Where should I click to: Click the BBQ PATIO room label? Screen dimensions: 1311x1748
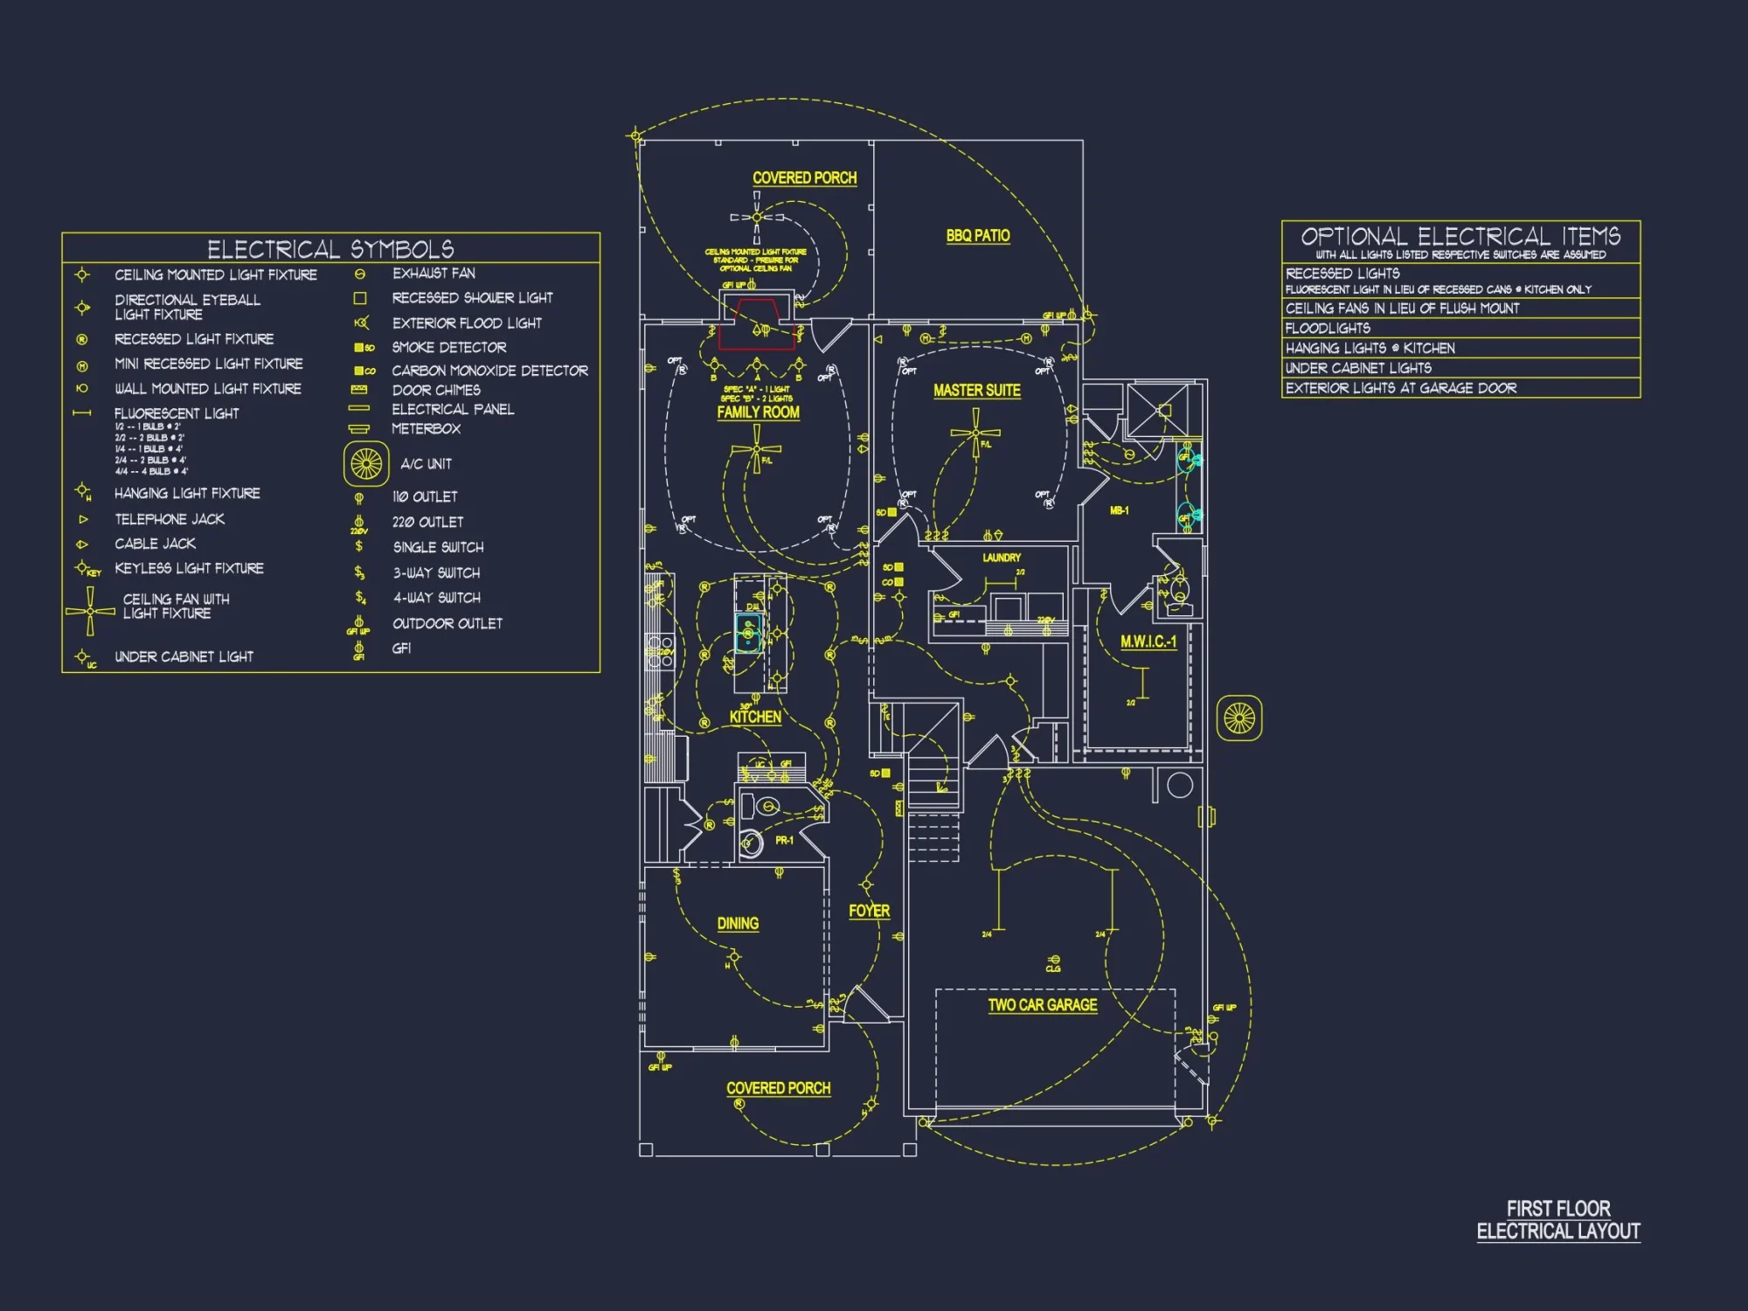(978, 236)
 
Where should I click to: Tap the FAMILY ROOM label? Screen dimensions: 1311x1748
(758, 413)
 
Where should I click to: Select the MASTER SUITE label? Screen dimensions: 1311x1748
(976, 391)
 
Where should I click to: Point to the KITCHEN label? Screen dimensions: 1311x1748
(755, 718)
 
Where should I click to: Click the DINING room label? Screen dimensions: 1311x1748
(738, 924)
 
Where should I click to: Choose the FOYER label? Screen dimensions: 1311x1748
(869, 912)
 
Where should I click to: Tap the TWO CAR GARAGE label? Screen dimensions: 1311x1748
(1042, 1005)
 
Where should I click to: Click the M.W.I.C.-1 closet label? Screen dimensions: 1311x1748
(1148, 642)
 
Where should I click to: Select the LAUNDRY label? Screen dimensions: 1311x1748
(1001, 558)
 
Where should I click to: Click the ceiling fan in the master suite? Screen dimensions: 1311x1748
(975, 434)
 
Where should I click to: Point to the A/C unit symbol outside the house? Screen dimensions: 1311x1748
(1239, 718)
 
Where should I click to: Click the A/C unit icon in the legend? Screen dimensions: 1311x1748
(366, 463)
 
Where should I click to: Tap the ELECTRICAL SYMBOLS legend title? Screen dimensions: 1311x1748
(330, 249)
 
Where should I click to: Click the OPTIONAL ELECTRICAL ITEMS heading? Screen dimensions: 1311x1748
(1460, 236)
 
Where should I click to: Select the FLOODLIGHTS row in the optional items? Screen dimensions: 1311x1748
(1328, 329)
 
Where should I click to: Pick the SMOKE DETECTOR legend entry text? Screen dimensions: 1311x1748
(449, 348)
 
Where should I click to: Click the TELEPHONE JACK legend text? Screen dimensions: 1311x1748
(170, 519)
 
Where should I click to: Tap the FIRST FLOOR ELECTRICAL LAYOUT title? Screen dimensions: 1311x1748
(1558, 1220)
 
